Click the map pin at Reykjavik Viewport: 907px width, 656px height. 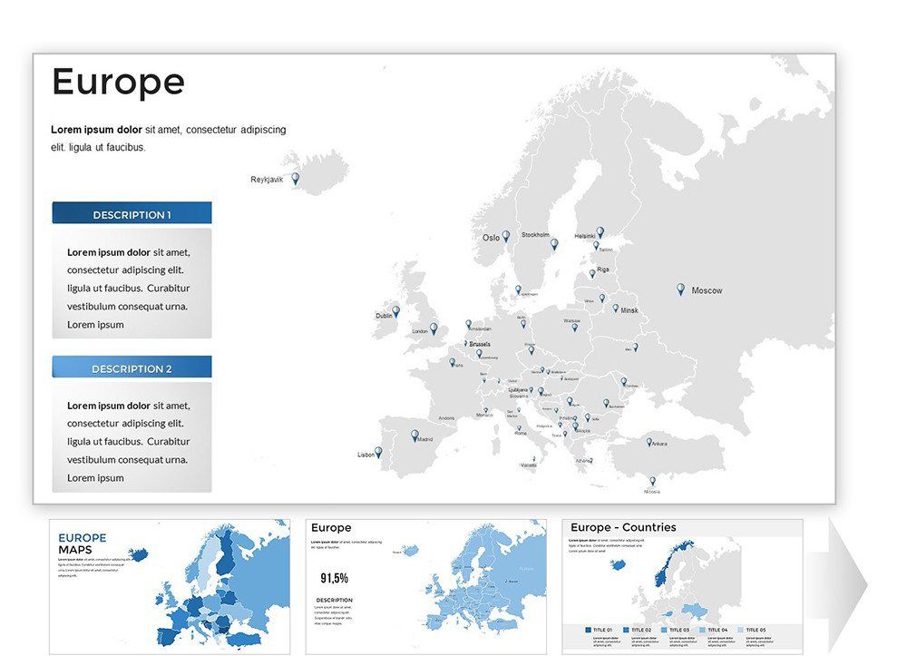(295, 179)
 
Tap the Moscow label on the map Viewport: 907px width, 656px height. (707, 290)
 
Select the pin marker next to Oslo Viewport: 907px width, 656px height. (506, 236)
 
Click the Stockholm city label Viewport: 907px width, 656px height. (535, 235)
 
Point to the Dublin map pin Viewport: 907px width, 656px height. (395, 311)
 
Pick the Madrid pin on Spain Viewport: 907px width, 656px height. (414, 436)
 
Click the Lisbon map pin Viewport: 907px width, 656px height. (378, 451)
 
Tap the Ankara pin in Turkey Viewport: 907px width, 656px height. (649, 442)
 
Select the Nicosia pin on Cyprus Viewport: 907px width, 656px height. (651, 481)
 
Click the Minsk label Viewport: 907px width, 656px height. (629, 310)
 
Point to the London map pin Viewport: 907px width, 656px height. (433, 328)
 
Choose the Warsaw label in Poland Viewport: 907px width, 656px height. (571, 320)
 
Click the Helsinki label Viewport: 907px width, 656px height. (585, 236)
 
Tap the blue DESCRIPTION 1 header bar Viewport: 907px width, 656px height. (132, 214)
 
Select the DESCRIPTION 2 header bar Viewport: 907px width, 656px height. (132, 368)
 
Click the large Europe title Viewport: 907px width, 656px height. (118, 83)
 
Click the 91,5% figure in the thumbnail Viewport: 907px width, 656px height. (334, 577)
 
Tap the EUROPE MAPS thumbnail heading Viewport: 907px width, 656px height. (82, 543)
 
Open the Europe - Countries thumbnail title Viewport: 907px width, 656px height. (623, 527)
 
